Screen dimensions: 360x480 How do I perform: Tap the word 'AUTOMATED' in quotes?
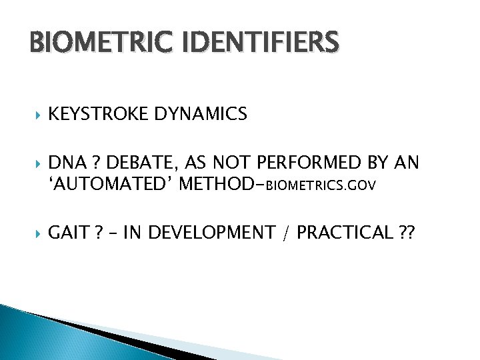pos(111,183)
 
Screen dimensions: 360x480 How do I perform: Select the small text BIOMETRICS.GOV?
pos(321,185)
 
